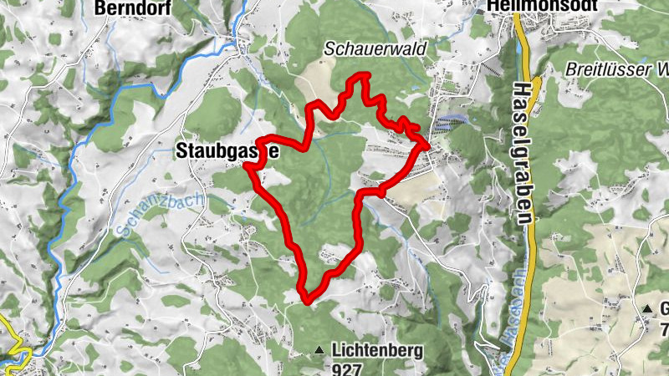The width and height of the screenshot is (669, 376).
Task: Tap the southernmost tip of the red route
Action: pyautogui.click(x=307, y=298)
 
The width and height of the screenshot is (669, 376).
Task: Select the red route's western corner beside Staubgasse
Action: pyautogui.click(x=248, y=165)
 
